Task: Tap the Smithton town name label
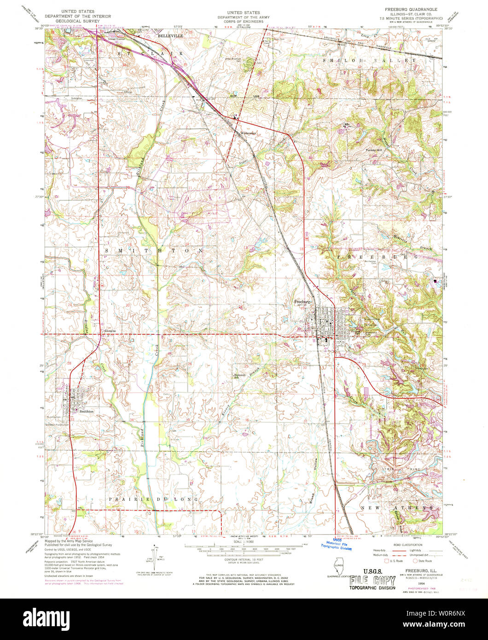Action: click(x=86, y=411)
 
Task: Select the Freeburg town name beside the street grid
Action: click(x=303, y=302)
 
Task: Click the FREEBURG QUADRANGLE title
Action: click(x=411, y=9)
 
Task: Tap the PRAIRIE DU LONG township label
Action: click(x=153, y=499)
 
